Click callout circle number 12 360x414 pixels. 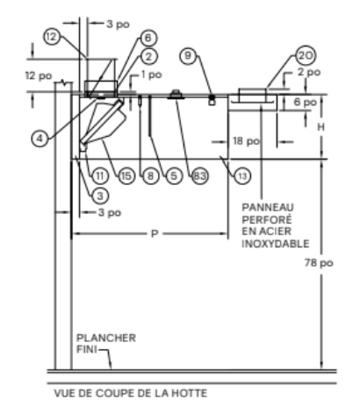52,37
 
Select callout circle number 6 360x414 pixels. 148,38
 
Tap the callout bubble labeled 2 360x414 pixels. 149,56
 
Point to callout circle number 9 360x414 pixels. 189,55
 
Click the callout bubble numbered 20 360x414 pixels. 306,55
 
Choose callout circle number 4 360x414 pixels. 40,139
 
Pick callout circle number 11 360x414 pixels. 100,176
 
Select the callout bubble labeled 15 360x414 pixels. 126,176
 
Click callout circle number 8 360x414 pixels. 150,176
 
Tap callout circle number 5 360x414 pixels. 174,176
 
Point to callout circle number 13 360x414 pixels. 242,176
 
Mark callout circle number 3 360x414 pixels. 100,196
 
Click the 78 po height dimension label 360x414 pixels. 319,263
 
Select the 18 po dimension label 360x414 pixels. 247,141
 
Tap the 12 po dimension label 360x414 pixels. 39,75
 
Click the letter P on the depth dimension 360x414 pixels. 155,233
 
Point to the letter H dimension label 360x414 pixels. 321,127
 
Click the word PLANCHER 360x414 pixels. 106,338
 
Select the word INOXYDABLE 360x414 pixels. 276,244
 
